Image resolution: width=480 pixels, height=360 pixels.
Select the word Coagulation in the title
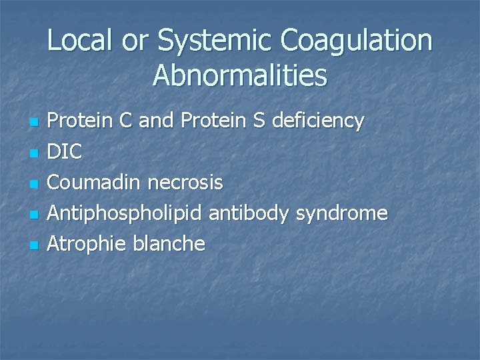pyautogui.click(x=357, y=41)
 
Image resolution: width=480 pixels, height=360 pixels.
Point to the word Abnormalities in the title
pyautogui.click(x=240, y=75)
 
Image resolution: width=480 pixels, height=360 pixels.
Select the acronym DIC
pyautogui.click(x=67, y=152)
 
